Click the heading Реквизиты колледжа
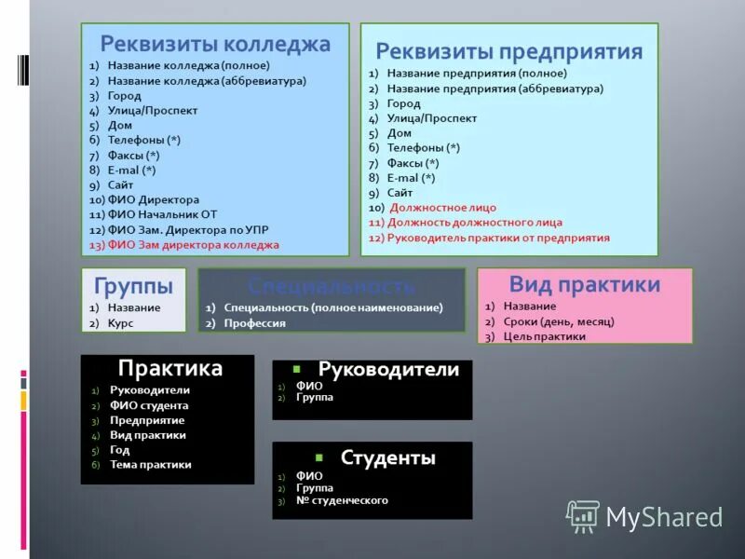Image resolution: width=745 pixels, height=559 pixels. click(215, 44)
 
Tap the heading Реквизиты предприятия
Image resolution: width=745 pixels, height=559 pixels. click(508, 51)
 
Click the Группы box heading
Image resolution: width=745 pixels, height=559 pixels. click(133, 284)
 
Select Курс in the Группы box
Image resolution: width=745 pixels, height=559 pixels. click(121, 322)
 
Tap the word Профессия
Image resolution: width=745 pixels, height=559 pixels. click(255, 323)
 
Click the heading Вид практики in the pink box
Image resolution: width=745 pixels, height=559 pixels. click(585, 284)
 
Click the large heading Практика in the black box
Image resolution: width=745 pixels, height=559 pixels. click(169, 368)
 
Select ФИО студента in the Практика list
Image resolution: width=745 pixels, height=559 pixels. click(149, 405)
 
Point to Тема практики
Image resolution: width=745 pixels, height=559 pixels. click(150, 464)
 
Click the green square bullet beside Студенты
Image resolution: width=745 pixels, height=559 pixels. click(318, 457)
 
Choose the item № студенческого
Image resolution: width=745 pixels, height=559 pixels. click(342, 500)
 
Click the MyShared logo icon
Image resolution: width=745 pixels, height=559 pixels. click(583, 515)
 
